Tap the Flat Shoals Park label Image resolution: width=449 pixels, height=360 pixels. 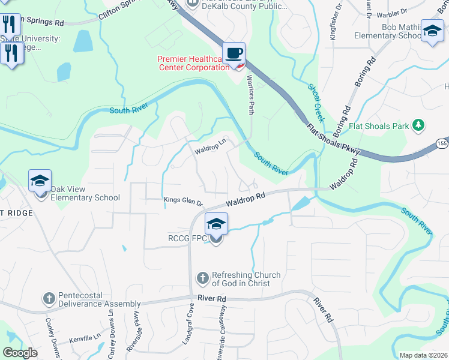click(381, 126)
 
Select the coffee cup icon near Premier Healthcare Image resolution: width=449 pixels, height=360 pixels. click(234, 53)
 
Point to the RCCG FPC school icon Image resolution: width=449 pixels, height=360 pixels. click(216, 224)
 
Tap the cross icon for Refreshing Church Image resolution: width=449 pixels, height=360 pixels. click(202, 278)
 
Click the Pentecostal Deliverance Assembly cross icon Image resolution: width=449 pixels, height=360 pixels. click(50, 299)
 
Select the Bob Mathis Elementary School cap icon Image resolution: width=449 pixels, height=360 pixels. click(432, 31)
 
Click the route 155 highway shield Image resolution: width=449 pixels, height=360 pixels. click(442, 143)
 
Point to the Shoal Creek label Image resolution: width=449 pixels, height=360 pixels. click(316, 103)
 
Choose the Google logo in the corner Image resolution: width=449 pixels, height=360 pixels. click(20, 353)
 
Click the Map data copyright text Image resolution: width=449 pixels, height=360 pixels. click(423, 355)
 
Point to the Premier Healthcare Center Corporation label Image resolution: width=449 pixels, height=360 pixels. click(193, 63)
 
